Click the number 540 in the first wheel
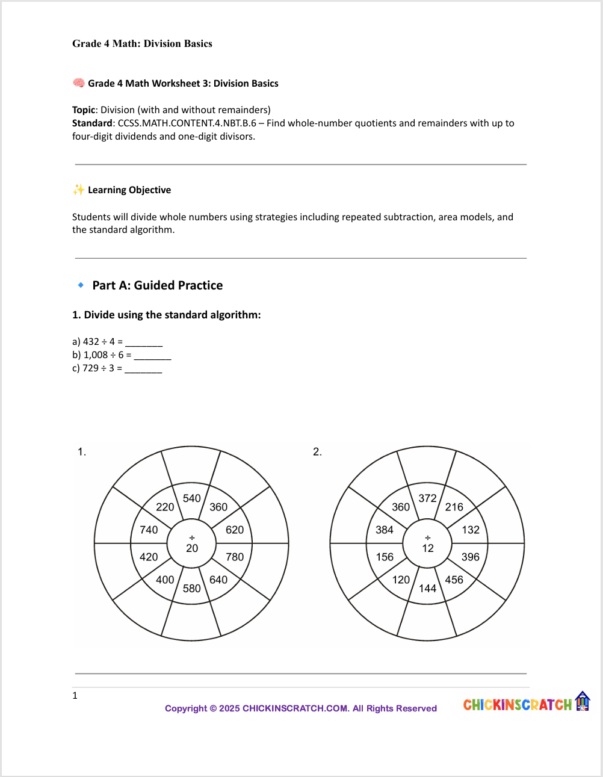pyautogui.click(x=191, y=498)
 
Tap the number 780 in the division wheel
pyautogui.click(x=235, y=557)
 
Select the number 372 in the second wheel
pyautogui.click(x=427, y=498)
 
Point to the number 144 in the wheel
pyautogui.click(x=427, y=588)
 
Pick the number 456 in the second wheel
pyautogui.click(x=454, y=580)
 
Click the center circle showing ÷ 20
pyautogui.click(x=192, y=543)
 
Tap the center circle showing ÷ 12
pyautogui.click(x=428, y=543)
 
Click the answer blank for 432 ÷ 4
pyautogui.click(x=144, y=342)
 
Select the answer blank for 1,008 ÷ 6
pyautogui.click(x=152, y=356)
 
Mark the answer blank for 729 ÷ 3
pyautogui.click(x=143, y=369)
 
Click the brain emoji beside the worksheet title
pyautogui.click(x=78, y=83)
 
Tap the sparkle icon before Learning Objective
pyautogui.click(x=78, y=190)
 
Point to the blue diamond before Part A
pyautogui.click(x=81, y=285)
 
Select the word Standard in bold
pyautogui.click(x=92, y=123)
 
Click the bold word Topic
pyautogui.click(x=84, y=110)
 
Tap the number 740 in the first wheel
pyautogui.click(x=149, y=530)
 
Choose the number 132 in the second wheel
pyautogui.click(x=471, y=530)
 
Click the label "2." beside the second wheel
pyautogui.click(x=317, y=452)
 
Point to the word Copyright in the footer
pyautogui.click(x=185, y=708)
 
